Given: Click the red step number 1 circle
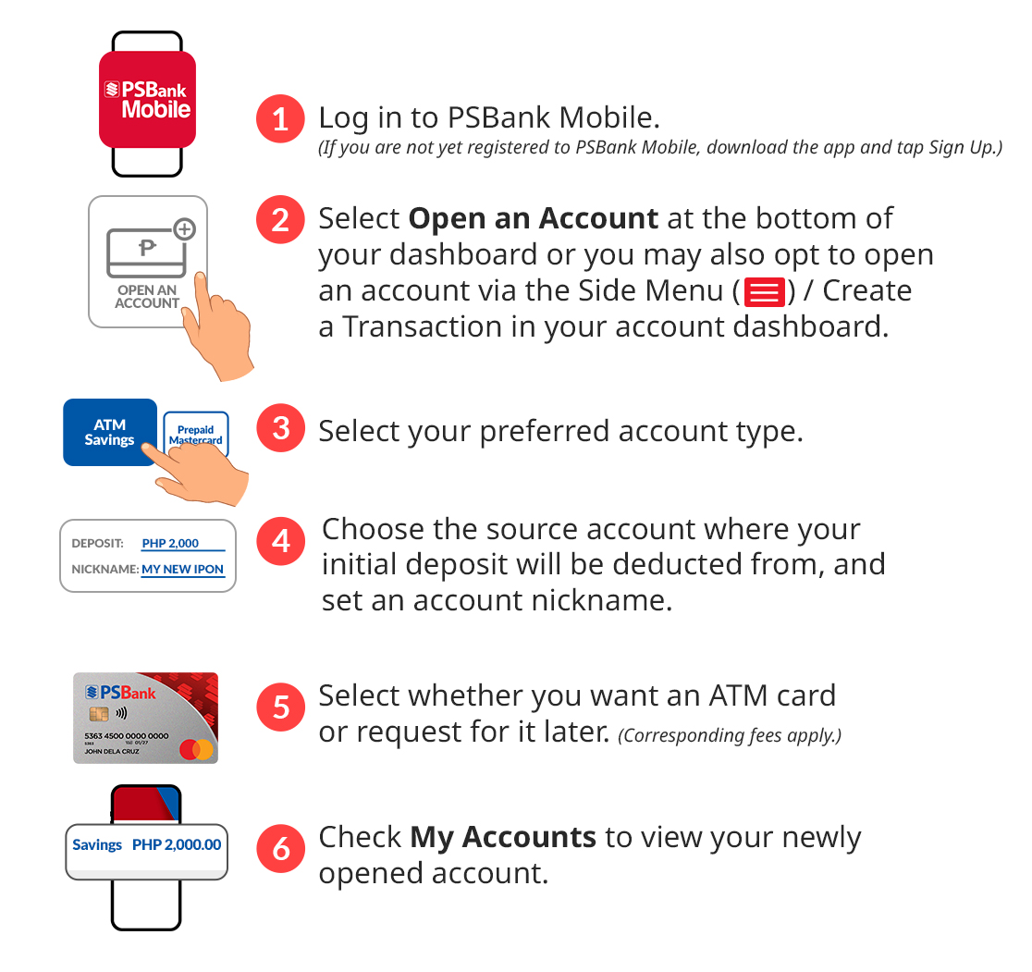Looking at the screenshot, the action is click(x=280, y=119).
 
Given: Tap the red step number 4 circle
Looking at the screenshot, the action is click(x=281, y=541).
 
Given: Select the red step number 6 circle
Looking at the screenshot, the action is click(x=281, y=848).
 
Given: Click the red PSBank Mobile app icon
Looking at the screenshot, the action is click(x=147, y=99).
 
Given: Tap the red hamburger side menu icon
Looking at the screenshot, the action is click(x=764, y=292).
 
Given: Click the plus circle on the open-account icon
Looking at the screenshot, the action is click(x=185, y=229).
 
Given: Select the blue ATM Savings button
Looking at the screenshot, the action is click(x=109, y=432).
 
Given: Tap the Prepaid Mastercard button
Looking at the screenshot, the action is click(x=196, y=433).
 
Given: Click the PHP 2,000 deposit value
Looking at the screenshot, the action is click(x=170, y=543).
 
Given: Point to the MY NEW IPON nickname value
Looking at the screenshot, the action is click(x=182, y=569).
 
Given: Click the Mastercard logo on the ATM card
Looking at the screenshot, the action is click(x=196, y=749).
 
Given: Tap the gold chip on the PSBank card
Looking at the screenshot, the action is click(x=99, y=713).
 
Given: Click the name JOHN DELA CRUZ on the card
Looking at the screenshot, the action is click(x=112, y=751).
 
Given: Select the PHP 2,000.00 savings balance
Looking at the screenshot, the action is click(x=177, y=844).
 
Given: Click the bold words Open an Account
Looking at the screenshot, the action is click(x=534, y=218).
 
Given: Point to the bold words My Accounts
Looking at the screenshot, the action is click(x=503, y=838).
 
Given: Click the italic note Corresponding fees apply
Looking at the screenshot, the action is click(x=730, y=735).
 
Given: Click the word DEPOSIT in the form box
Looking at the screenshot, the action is click(x=97, y=543).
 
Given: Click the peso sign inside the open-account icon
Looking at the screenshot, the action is click(x=147, y=248).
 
